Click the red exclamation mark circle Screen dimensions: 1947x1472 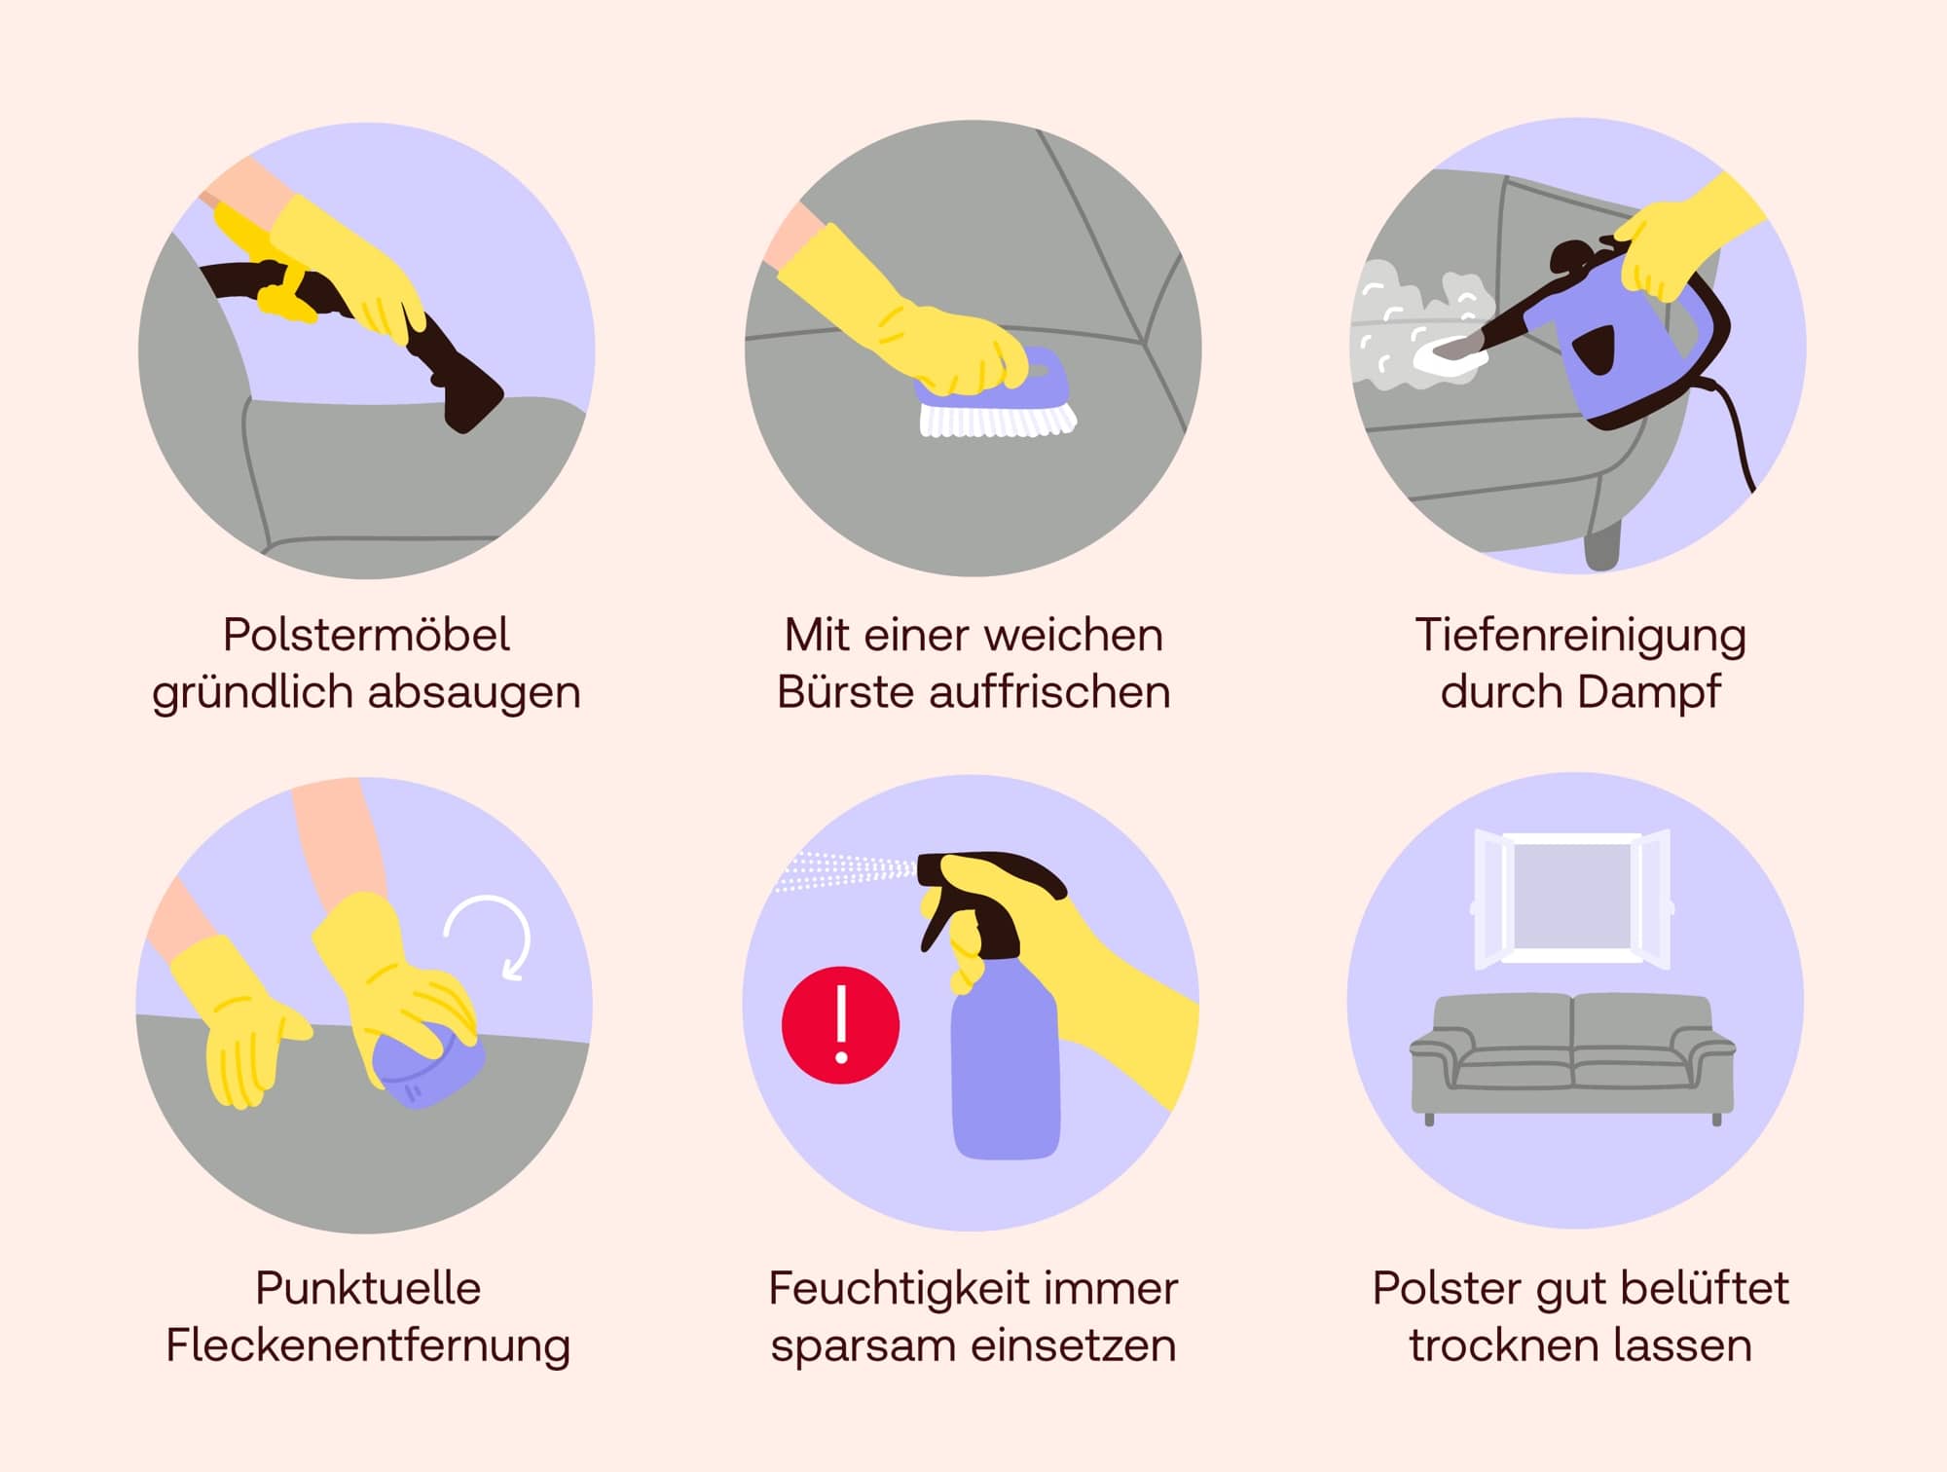point(840,1024)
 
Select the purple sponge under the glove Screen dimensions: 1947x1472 point(428,1066)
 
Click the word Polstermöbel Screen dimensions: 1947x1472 point(366,635)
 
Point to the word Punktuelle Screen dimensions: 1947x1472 point(368,1288)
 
